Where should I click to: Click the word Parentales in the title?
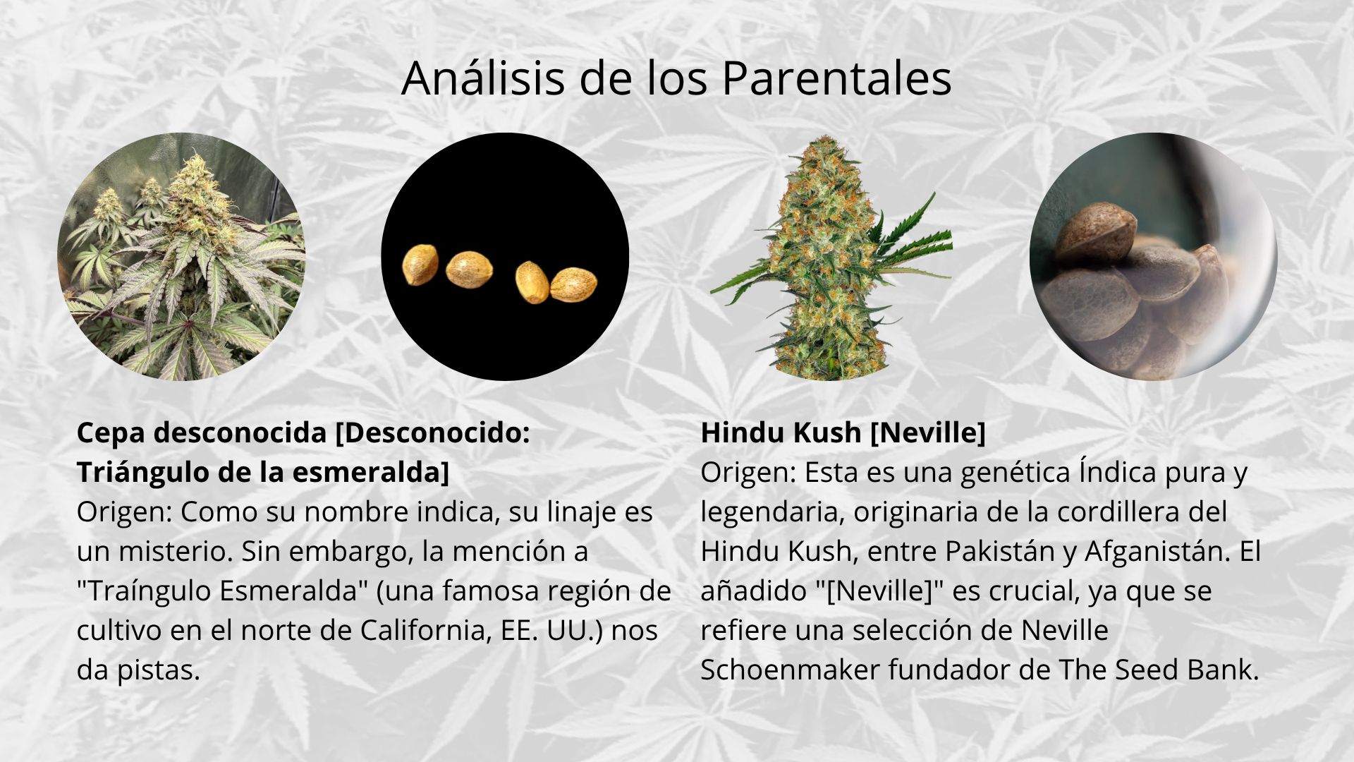[x=836, y=78]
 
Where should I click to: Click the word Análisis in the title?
[x=483, y=78]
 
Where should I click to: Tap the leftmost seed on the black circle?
[x=420, y=265]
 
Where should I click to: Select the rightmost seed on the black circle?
[x=573, y=284]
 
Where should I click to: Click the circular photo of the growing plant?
[x=181, y=257]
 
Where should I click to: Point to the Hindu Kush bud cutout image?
[x=830, y=257]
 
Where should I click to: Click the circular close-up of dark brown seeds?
[x=1153, y=257]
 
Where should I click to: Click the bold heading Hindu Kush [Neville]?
[x=843, y=433]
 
